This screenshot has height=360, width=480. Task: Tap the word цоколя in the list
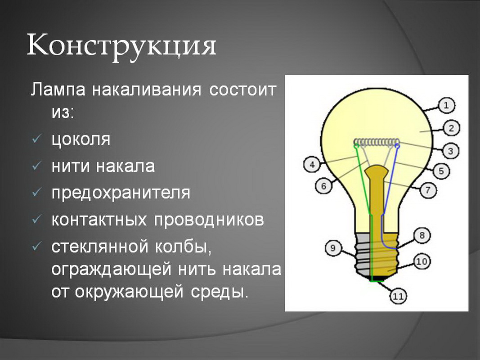[x=81, y=140]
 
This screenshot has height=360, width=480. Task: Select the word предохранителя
[x=121, y=193]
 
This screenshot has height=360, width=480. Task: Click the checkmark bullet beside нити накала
[x=36, y=166]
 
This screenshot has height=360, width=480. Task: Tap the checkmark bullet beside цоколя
[x=36, y=139]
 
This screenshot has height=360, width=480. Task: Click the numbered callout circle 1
[x=446, y=105]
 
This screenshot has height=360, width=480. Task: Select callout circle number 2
[x=451, y=128]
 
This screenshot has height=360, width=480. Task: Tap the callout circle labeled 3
[x=450, y=151]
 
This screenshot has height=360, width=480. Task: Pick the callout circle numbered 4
[x=312, y=165]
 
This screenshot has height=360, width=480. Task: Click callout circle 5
[x=441, y=171]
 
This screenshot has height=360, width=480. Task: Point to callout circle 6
[x=323, y=185]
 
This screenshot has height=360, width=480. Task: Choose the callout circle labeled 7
[x=428, y=190]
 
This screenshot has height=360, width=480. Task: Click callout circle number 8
[x=422, y=235]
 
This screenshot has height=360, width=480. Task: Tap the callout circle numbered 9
[x=333, y=247]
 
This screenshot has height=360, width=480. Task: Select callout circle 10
[x=422, y=261]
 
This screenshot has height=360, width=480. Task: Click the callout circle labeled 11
[x=398, y=296]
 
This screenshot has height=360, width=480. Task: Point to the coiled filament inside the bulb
[x=377, y=142]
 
